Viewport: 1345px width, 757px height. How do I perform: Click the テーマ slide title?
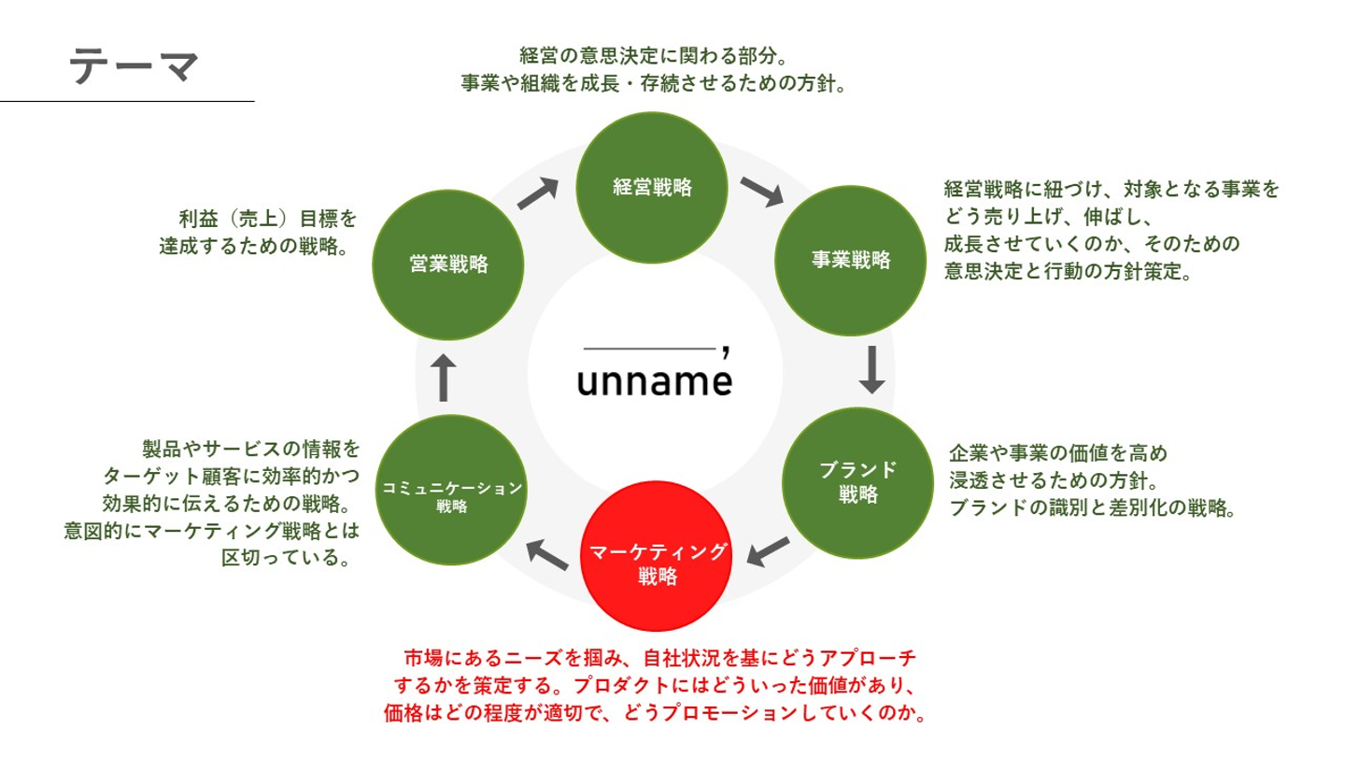134,65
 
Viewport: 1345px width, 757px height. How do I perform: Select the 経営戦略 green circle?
652,188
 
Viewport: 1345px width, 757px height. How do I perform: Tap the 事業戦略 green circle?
850,260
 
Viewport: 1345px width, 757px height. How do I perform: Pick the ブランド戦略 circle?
857,483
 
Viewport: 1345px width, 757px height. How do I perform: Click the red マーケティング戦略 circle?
656,556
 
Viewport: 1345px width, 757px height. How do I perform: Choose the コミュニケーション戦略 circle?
451,490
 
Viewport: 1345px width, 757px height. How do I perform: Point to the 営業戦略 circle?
448,265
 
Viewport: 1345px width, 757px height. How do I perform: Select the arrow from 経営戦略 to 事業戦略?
762,192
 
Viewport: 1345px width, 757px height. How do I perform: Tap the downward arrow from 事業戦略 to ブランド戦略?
871,369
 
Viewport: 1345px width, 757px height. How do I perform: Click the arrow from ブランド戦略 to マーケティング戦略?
768,551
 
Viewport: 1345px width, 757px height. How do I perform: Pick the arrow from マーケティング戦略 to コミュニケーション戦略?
547,554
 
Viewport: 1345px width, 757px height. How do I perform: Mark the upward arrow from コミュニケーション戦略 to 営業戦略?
444,378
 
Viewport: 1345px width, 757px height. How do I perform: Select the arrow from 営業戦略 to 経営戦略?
538,193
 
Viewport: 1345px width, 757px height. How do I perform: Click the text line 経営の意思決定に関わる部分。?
653,56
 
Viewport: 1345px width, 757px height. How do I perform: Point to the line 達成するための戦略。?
254,246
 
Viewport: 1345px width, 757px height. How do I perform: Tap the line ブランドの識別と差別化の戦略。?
1092,508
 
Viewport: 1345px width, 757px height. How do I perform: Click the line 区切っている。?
286,558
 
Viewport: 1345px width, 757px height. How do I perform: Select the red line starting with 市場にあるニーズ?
660,658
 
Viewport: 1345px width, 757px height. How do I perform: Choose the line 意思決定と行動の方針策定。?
1068,272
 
